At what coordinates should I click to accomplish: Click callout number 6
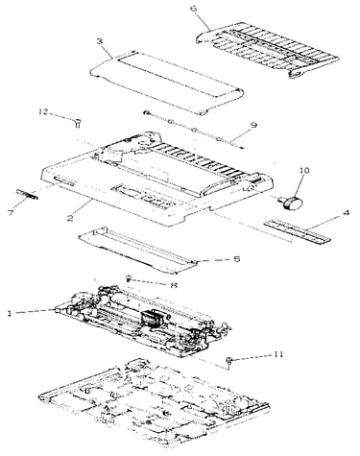(x=194, y=9)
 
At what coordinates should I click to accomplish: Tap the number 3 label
(x=100, y=41)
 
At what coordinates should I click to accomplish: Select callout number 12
(x=43, y=112)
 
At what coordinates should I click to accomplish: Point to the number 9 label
(x=253, y=125)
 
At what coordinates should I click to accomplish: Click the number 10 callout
(x=304, y=170)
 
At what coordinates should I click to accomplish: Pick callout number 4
(x=346, y=212)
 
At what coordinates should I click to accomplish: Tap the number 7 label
(x=12, y=213)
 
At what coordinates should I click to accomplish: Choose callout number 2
(x=70, y=218)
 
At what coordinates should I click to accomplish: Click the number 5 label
(x=237, y=259)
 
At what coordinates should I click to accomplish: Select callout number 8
(x=174, y=285)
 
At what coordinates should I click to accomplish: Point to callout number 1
(x=10, y=313)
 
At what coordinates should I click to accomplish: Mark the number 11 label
(x=278, y=354)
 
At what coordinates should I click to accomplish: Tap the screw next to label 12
(x=78, y=123)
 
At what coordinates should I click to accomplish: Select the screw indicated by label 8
(x=129, y=278)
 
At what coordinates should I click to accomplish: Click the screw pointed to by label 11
(x=229, y=362)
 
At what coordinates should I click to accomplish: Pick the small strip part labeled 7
(x=27, y=194)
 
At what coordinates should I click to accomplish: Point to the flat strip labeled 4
(x=297, y=231)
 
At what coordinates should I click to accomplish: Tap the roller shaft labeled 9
(x=194, y=131)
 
